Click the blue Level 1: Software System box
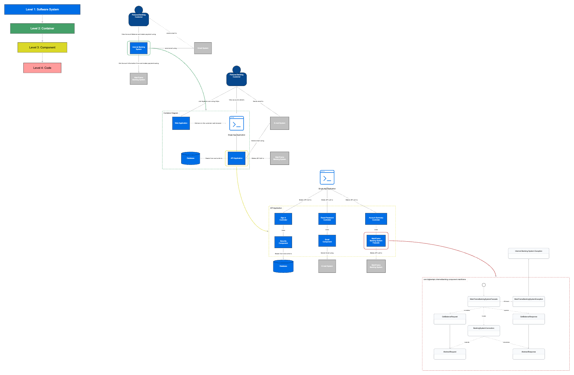[42, 10]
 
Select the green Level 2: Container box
[42, 29]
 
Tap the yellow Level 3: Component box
[42, 47]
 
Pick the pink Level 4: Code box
[42, 68]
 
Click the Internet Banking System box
[138, 48]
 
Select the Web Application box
[181, 123]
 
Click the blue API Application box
[236, 158]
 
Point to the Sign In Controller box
[283, 219]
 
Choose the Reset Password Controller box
[327, 219]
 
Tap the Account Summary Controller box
[376, 219]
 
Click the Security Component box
[283, 242]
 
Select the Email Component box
[327, 241]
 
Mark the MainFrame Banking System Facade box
[376, 241]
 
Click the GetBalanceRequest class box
[450, 319]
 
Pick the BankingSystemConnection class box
[484, 331]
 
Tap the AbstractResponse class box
[528, 354]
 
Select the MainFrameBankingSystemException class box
[528, 301]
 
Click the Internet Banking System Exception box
[528, 253]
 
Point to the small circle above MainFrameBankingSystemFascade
[484, 285]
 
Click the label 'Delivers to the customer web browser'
[208, 123]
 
